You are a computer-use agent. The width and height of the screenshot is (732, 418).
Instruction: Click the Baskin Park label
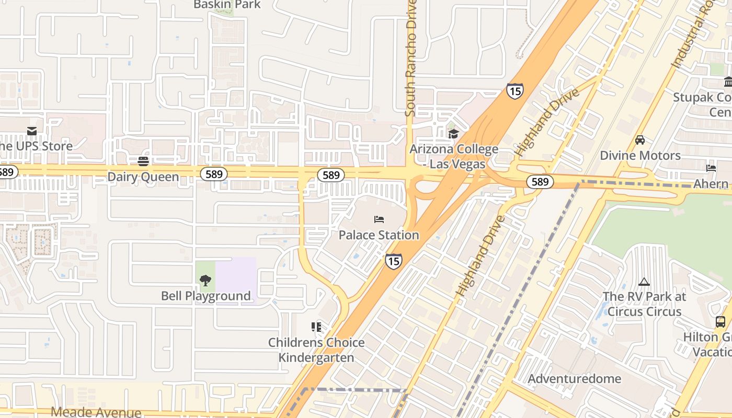coord(227,5)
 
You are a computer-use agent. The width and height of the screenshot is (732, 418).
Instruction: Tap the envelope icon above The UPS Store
coord(32,131)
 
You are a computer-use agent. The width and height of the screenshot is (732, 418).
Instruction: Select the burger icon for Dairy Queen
coord(143,161)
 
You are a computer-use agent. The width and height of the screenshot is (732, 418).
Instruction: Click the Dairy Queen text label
coord(143,177)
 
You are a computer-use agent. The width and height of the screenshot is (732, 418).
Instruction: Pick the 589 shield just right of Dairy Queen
coord(214,174)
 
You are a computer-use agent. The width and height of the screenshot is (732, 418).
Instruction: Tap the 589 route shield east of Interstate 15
coord(540,181)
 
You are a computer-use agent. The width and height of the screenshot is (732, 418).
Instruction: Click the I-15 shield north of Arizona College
coord(514,91)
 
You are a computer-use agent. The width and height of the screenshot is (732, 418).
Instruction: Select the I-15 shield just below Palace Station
coord(394,261)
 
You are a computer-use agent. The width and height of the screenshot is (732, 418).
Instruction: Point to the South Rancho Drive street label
coord(411,58)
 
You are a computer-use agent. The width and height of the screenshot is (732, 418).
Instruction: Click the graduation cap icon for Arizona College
coord(453,134)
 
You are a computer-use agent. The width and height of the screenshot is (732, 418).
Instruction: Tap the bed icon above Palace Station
coord(379,219)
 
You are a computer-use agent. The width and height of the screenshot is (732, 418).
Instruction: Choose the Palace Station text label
coord(379,235)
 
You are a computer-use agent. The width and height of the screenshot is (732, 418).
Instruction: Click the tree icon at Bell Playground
coord(205,281)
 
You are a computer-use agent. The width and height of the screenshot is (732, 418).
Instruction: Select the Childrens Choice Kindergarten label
coord(316,350)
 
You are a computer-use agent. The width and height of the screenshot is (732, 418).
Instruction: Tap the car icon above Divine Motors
coord(640,140)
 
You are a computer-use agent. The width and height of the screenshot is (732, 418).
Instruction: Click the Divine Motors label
coord(640,156)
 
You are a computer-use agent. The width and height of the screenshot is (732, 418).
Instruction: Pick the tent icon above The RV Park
coord(644,282)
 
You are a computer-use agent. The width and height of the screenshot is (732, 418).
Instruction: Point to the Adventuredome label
coord(575,379)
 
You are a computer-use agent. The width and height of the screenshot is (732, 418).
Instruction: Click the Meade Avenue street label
coord(96,412)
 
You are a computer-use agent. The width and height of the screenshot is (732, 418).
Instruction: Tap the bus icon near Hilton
coord(720,321)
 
